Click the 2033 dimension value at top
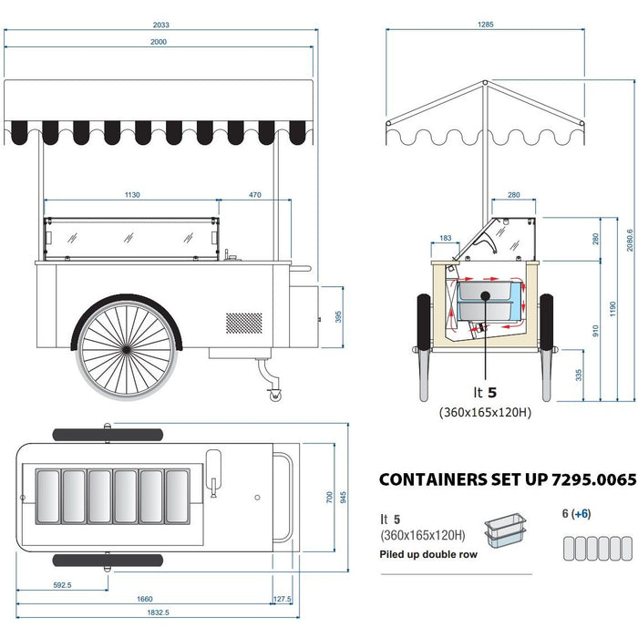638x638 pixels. coord(161,26)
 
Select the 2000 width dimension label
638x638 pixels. coord(160,42)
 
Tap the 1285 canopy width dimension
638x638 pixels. coord(485,25)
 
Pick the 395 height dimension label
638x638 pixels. coord(337,316)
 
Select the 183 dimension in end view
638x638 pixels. coord(445,239)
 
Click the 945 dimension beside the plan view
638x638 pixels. coord(343,498)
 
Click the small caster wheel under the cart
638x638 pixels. coord(273,394)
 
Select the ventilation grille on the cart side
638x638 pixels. coord(243,322)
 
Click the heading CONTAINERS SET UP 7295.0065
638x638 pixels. coord(507,479)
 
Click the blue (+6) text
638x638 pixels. coord(581,514)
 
